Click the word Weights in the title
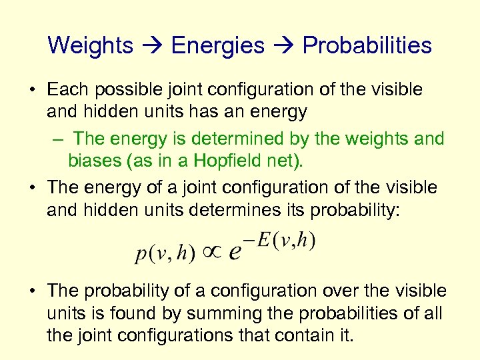click(91, 45)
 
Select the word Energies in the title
click(217, 45)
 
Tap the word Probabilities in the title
click(367, 45)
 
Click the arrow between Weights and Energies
click(152, 46)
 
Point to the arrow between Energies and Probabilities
click(283, 46)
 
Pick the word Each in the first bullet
click(66, 89)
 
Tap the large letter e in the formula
click(235, 253)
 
